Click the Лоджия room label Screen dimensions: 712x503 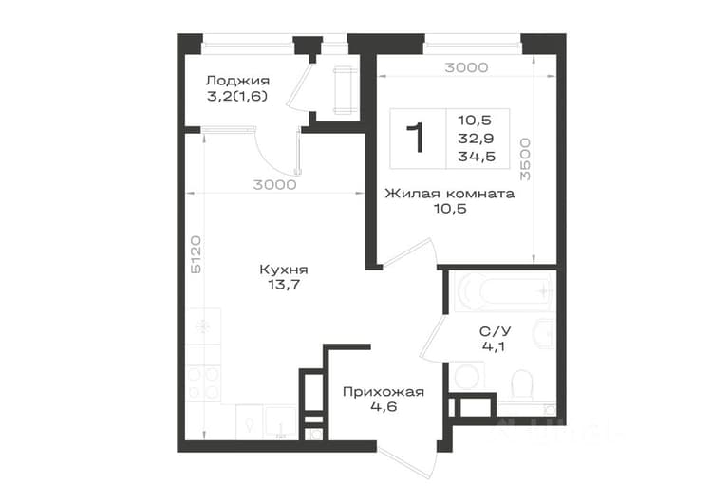237,81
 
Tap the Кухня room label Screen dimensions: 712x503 284,270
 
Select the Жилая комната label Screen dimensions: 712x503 450,194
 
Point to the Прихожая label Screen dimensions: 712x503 384,392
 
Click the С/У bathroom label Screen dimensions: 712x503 495,331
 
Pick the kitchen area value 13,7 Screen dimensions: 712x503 284,285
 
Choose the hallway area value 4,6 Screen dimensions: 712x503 384,407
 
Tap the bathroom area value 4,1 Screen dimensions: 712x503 494,346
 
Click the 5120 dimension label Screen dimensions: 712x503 196,254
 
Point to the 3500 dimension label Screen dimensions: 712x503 525,159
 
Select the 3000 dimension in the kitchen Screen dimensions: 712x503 274,185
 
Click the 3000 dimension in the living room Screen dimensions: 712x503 466,67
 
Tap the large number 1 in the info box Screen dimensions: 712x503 417,139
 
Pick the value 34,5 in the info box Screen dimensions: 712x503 477,158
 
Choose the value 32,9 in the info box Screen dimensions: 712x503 477,139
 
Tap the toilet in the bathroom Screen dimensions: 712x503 522,385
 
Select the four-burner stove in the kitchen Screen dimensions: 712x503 204,384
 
